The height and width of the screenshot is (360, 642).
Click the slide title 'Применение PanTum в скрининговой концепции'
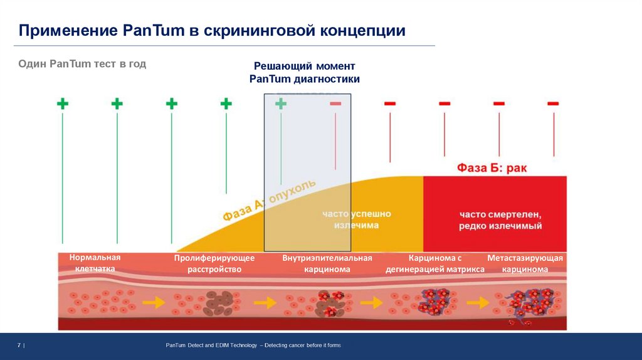211,31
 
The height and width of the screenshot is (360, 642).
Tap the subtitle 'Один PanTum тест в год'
82,64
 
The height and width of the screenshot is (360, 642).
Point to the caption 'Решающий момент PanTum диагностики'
304,72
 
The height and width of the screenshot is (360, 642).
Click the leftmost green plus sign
62,103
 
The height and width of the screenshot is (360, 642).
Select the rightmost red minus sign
553,103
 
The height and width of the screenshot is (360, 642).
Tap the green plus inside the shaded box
281,103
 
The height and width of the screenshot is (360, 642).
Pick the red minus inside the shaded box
335,103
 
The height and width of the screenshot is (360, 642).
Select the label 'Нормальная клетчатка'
95,263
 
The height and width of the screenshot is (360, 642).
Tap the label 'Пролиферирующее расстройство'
214,263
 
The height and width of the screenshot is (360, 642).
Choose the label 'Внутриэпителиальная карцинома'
327,263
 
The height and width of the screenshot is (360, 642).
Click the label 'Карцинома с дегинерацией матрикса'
435,263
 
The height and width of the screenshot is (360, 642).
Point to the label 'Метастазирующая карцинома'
525,263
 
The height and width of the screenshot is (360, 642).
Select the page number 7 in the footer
19,346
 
